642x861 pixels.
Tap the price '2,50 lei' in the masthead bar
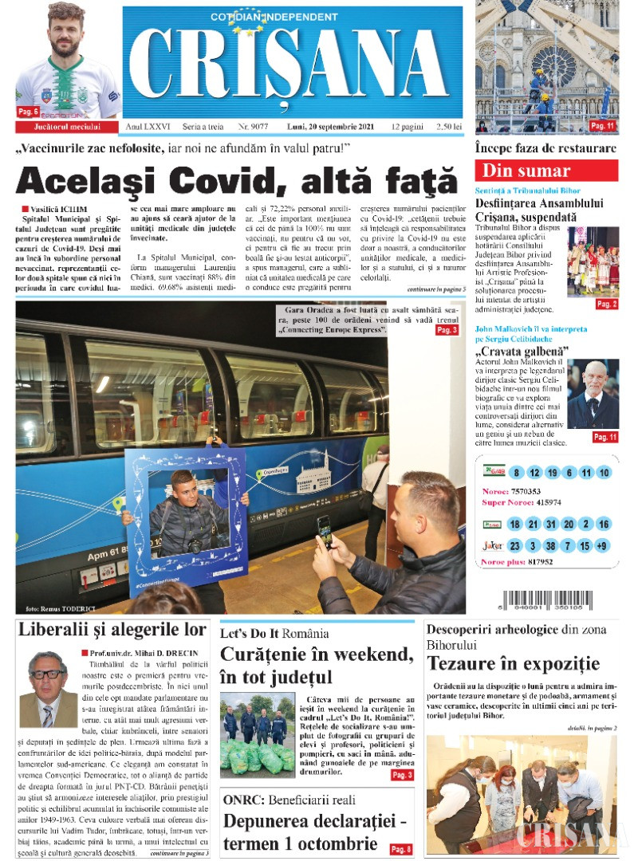pyautogui.click(x=448, y=127)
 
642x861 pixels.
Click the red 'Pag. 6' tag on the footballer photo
pyautogui.click(x=29, y=112)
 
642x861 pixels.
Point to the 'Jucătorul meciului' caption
pyautogui.click(x=68, y=127)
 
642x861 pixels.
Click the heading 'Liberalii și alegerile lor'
pyautogui.click(x=112, y=629)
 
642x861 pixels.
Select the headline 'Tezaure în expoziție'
pyautogui.click(x=513, y=663)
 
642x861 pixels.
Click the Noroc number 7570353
pyautogui.click(x=525, y=491)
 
